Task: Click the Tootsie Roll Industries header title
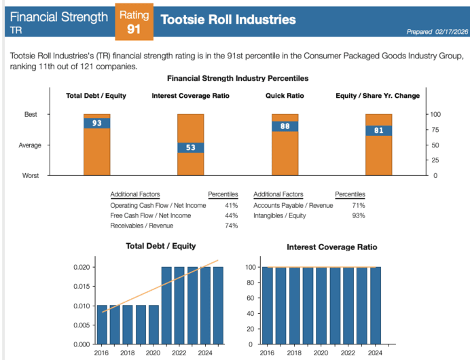(228, 20)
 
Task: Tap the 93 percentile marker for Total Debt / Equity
(96, 123)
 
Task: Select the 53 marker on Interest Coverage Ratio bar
(190, 147)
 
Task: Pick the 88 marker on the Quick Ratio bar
(285, 126)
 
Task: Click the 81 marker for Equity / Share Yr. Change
(378, 130)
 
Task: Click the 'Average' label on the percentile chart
(31, 145)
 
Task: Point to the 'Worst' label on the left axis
(31, 175)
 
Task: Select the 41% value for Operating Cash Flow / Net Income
(231, 205)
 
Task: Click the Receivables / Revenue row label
(141, 226)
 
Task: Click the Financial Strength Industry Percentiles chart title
(237, 79)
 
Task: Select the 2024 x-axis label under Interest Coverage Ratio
(374, 353)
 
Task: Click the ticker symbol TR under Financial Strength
(14, 31)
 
